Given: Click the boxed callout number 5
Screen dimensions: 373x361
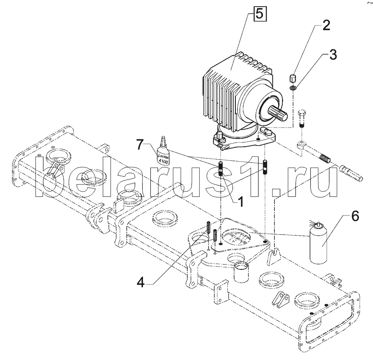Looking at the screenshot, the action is click(x=260, y=13).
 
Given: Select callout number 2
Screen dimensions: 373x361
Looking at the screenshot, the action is click(x=327, y=25).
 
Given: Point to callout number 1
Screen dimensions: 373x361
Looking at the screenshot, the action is click(x=241, y=202).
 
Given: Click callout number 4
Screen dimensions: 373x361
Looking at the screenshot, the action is click(x=141, y=283).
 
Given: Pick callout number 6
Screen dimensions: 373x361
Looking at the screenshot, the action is click(x=355, y=216).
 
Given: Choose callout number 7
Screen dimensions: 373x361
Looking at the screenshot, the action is click(x=140, y=145).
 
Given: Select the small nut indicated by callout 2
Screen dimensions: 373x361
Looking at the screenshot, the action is click(x=293, y=78).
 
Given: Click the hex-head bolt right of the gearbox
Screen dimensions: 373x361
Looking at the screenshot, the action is click(x=301, y=119).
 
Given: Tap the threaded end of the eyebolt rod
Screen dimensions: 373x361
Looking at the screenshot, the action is click(x=324, y=158).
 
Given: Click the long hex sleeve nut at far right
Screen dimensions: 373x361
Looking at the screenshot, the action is click(x=351, y=174).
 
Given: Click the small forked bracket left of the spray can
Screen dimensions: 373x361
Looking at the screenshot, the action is click(x=274, y=257).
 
